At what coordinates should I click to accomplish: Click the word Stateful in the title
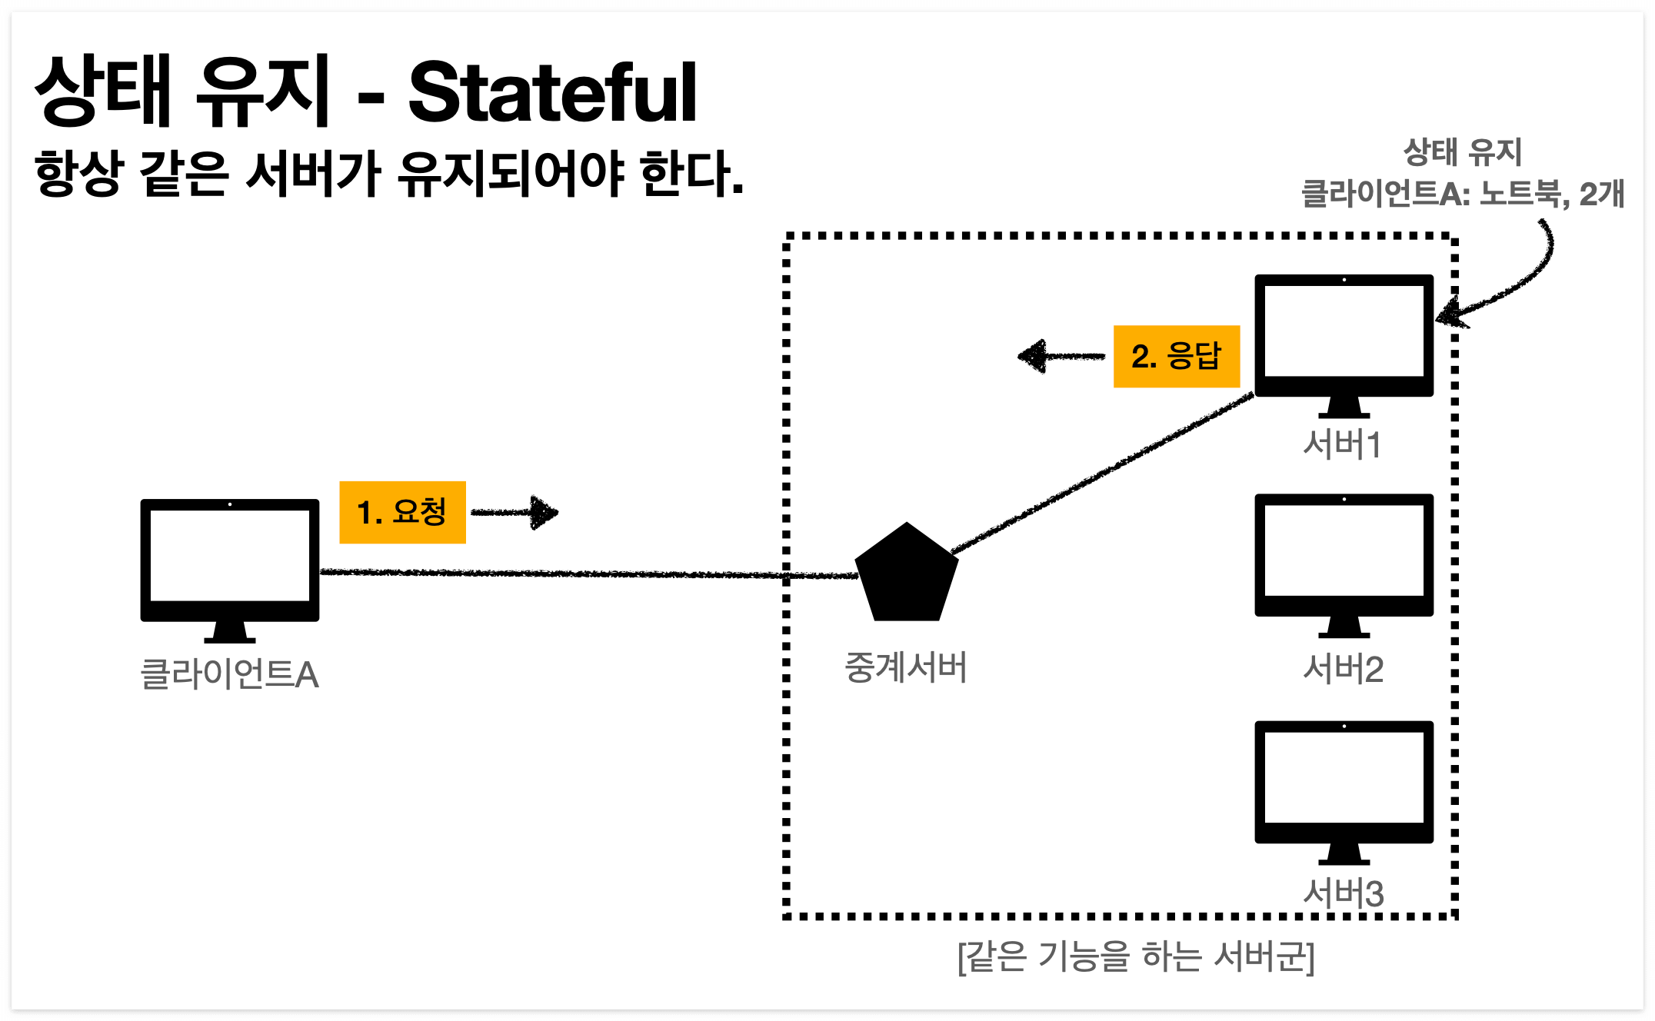552,94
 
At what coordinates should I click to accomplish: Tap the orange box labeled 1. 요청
402,512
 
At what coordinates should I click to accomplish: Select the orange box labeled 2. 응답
1176,356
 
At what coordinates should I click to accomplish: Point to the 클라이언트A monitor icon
229,561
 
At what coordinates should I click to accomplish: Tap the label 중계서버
905,667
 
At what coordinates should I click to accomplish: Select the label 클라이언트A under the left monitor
229,674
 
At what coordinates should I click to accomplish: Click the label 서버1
1343,444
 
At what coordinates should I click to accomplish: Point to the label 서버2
1343,669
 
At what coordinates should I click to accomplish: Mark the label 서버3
1343,893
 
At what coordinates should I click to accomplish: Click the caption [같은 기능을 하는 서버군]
1136,956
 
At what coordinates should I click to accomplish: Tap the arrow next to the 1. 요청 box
515,512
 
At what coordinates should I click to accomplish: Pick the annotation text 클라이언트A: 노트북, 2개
1462,194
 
